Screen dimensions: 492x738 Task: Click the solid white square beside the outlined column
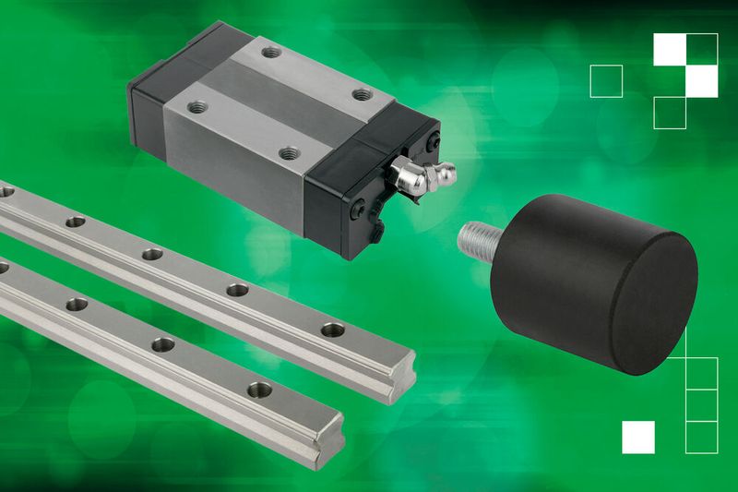[x=638, y=437]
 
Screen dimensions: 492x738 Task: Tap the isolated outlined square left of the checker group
[x=606, y=81]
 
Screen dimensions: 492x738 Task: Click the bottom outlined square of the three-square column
[x=702, y=437]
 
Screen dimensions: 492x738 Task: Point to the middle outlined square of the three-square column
[x=702, y=405]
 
